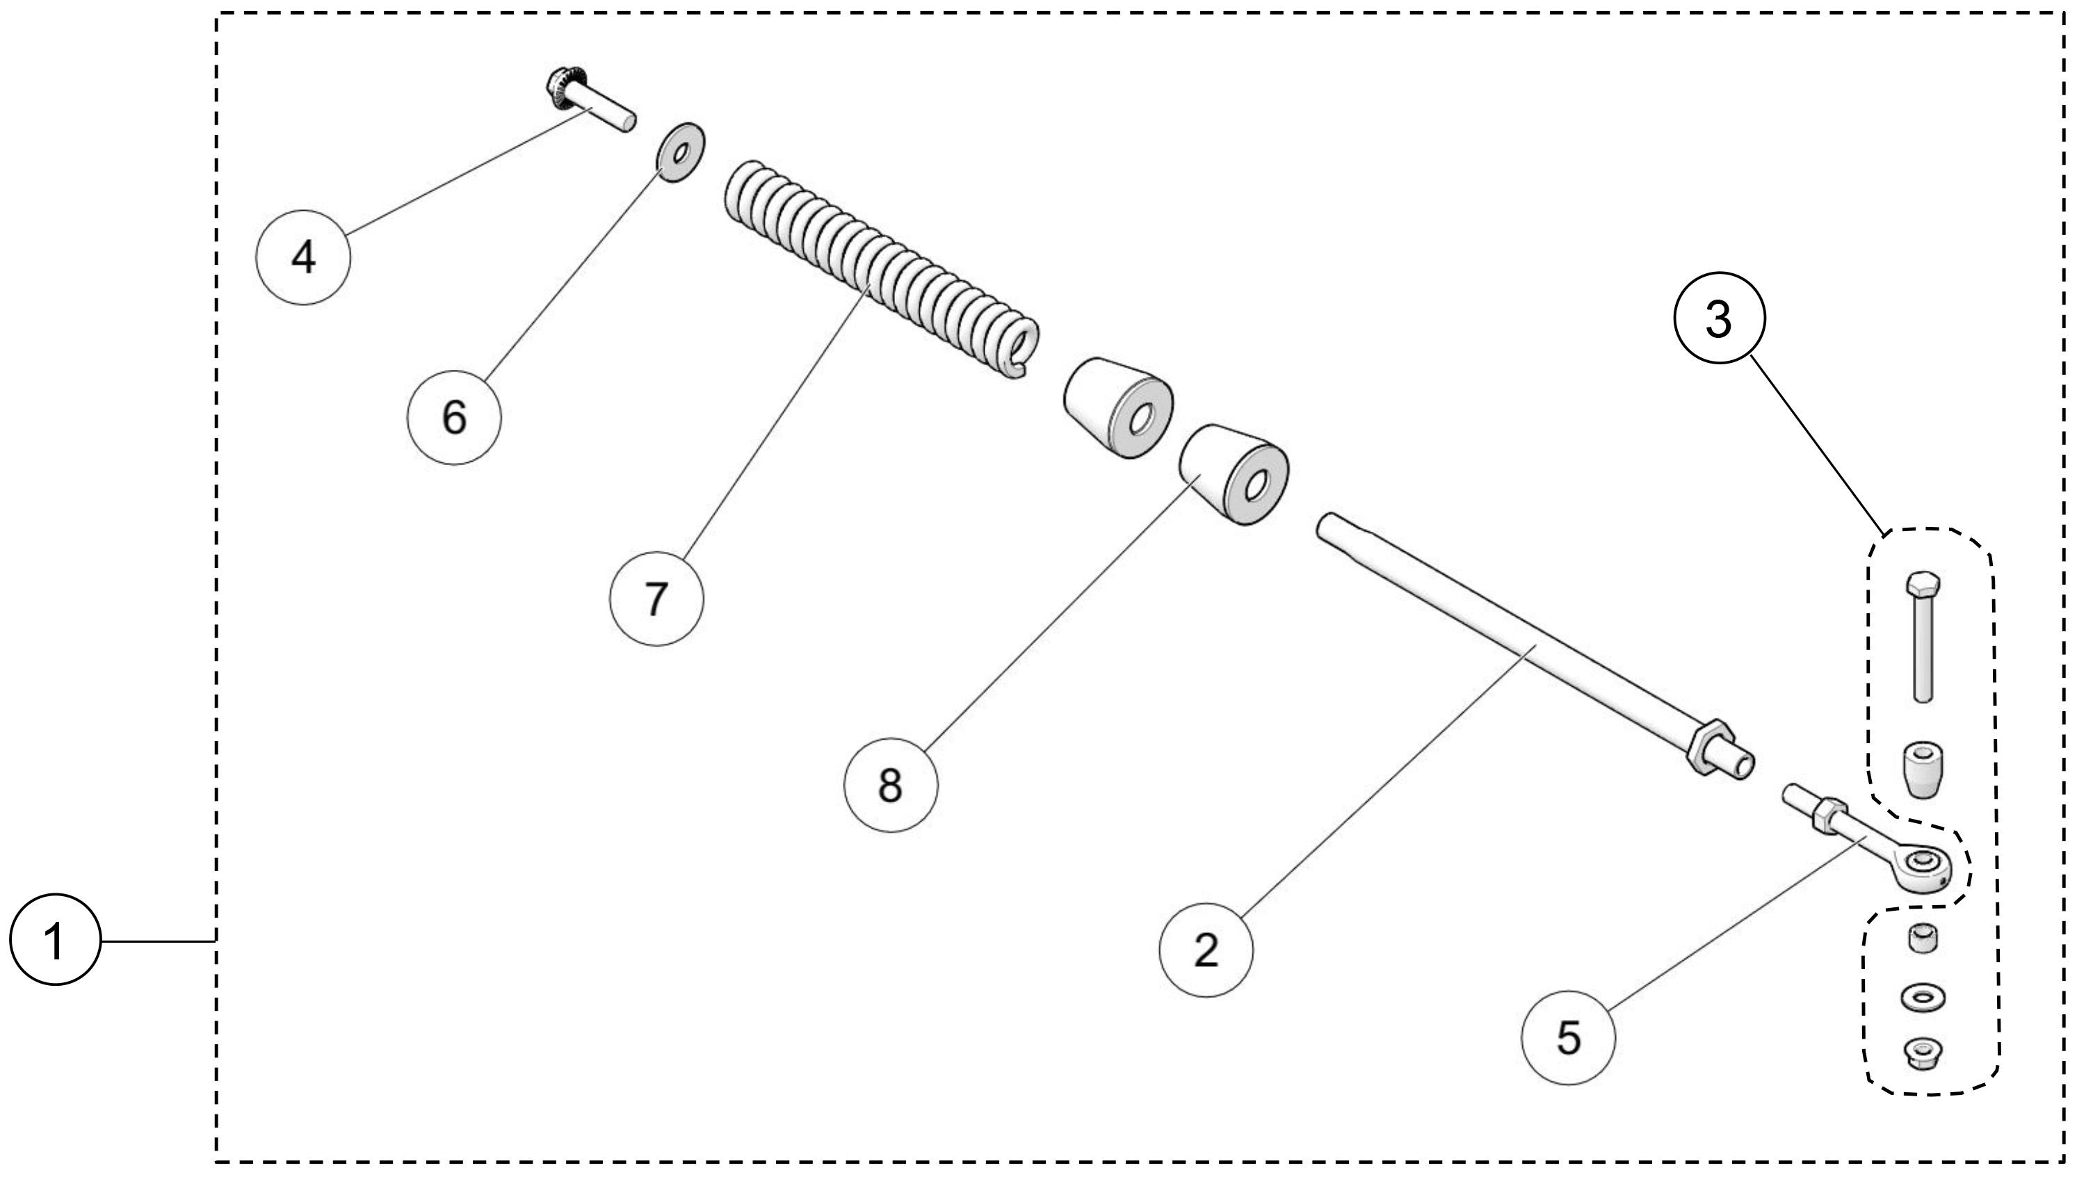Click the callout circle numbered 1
point(54,940)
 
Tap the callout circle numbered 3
point(1718,318)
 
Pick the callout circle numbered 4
point(302,257)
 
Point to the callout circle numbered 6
point(453,417)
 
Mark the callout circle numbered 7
point(656,599)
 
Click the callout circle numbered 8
point(890,784)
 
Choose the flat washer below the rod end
point(1923,998)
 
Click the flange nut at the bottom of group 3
point(1923,1053)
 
